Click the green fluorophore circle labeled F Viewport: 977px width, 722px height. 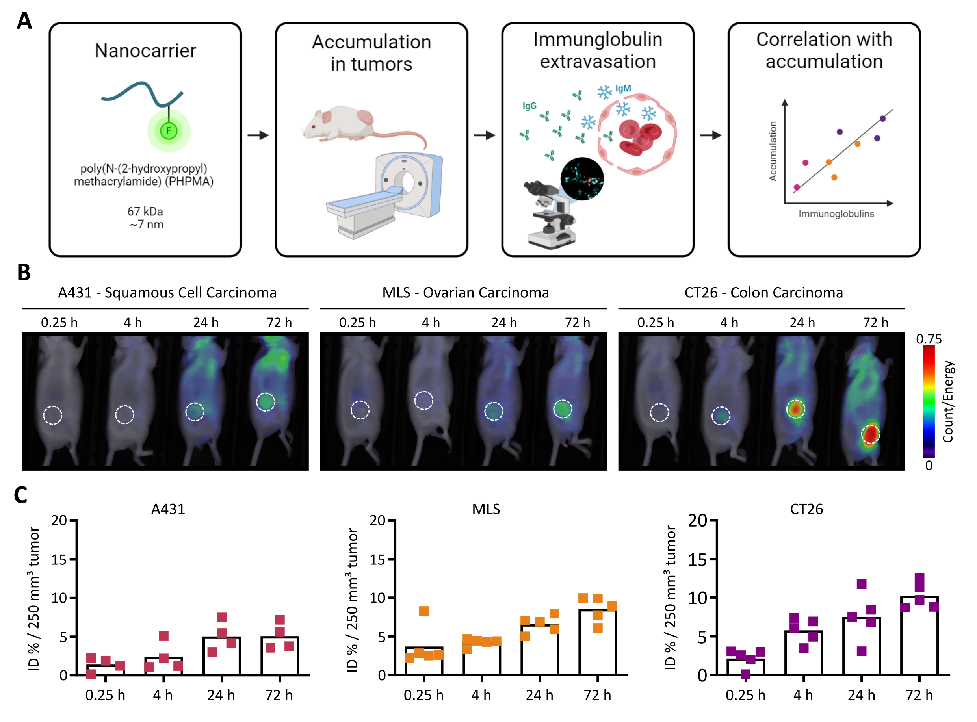(x=168, y=130)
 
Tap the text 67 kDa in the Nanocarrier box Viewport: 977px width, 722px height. (x=145, y=212)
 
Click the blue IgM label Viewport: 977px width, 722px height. (x=623, y=88)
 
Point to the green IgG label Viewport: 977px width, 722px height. (x=529, y=106)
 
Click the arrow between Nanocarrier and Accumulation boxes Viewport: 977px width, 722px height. (x=258, y=135)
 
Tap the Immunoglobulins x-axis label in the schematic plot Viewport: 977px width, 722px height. (x=836, y=214)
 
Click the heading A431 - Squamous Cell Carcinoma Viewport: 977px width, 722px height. (x=167, y=292)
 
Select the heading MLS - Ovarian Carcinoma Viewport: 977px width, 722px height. (x=465, y=292)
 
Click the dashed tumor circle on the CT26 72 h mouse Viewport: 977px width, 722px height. (x=870, y=434)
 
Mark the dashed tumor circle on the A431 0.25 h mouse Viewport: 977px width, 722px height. (x=52, y=415)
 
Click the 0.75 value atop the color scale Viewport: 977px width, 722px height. (x=929, y=339)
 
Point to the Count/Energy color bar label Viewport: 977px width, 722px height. (x=948, y=401)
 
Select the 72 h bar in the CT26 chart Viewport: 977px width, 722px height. (x=919, y=636)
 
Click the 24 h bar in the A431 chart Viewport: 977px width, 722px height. (x=222, y=655)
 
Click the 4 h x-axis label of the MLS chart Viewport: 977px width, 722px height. (x=481, y=695)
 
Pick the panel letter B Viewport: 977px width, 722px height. (x=24, y=272)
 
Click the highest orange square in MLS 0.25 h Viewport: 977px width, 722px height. (x=423, y=611)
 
